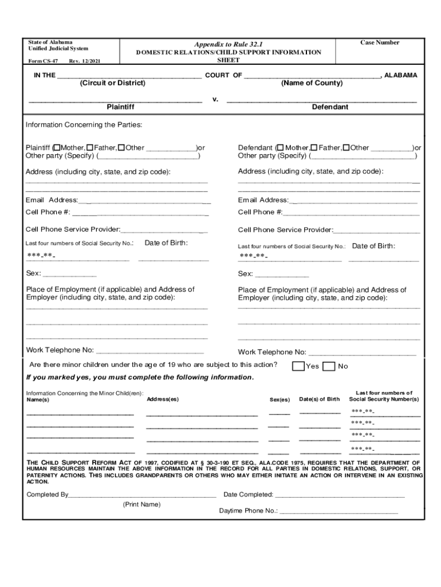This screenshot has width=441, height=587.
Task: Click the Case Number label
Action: coord(379,42)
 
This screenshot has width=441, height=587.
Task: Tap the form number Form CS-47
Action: coord(44,60)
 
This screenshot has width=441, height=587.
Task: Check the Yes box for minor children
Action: coord(298,366)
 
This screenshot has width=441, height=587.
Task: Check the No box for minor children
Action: coord(329,366)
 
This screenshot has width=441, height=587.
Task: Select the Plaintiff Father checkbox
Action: coord(90,148)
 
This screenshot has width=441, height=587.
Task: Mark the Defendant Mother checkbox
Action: coord(281,148)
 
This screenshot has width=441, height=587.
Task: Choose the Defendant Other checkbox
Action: coord(346,148)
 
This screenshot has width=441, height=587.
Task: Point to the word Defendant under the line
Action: coord(329,107)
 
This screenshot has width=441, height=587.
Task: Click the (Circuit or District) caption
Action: coord(113,83)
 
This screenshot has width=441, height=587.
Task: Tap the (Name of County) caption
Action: coord(312,83)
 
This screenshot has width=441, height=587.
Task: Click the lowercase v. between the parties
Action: coord(215,99)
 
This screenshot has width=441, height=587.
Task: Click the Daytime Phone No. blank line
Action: coord(338,511)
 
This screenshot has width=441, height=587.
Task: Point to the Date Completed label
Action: coord(248,495)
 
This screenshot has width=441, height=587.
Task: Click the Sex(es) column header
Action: coord(279,400)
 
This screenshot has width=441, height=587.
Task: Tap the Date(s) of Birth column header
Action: coord(319,399)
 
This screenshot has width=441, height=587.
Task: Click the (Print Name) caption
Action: coord(141,504)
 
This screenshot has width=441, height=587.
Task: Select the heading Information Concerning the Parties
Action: coord(84,125)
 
